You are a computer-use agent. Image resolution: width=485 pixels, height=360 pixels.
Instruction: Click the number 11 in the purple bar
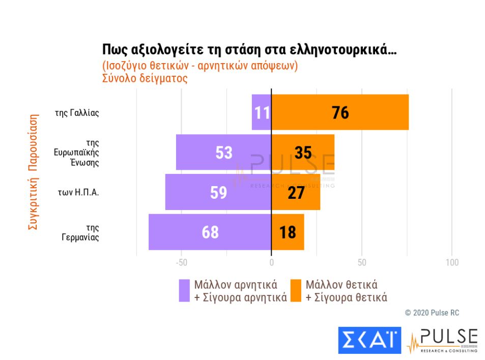pos(262,112)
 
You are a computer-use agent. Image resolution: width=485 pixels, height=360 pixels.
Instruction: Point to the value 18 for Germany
pos(288,232)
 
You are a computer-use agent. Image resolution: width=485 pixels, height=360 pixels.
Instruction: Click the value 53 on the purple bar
pos(224,153)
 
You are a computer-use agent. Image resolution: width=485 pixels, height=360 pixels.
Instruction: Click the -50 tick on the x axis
pos(181,263)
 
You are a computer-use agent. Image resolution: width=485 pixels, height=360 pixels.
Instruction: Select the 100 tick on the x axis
pos(451,263)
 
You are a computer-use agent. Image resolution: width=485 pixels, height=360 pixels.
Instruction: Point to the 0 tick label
pos(271,263)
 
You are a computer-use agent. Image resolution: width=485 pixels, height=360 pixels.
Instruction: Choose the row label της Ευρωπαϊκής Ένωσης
pos(76,153)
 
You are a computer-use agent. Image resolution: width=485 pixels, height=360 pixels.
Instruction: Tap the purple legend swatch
pos(184,290)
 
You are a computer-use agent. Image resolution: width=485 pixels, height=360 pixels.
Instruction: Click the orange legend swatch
pos(296,290)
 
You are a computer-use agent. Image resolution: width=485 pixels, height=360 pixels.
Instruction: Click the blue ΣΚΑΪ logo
pos(369,340)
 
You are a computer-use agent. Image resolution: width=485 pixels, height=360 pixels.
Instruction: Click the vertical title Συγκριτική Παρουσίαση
pos(33,173)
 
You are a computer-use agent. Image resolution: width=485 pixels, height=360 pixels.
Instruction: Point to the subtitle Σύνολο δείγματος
pos(145,79)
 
